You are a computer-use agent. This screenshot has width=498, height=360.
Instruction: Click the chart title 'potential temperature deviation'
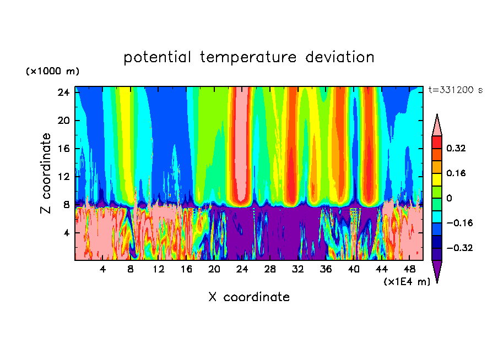[x=249, y=57]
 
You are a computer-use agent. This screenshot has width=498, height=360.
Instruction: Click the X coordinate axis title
[x=249, y=297]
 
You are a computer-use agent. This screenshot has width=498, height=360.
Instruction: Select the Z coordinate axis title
[x=46, y=173]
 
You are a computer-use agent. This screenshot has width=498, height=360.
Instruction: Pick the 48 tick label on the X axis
[x=409, y=269]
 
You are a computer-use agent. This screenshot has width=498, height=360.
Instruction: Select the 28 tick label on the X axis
[x=270, y=269]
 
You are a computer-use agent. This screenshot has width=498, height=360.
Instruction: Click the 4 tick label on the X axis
[x=103, y=269]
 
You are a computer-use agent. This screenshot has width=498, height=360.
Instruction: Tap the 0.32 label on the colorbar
[x=456, y=148]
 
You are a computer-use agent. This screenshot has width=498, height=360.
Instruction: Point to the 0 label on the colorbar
[x=449, y=198]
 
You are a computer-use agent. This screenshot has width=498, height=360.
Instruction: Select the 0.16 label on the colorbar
[x=456, y=173]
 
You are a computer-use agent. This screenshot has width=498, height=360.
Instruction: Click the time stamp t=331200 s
[x=455, y=90]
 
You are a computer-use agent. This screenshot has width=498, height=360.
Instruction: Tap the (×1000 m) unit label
[x=52, y=72]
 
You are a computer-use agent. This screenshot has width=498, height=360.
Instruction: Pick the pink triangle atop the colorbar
[x=437, y=126]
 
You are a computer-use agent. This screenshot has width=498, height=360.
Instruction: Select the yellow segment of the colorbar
[x=437, y=179]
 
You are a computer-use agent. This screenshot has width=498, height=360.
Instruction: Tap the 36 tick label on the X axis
[x=326, y=269]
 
